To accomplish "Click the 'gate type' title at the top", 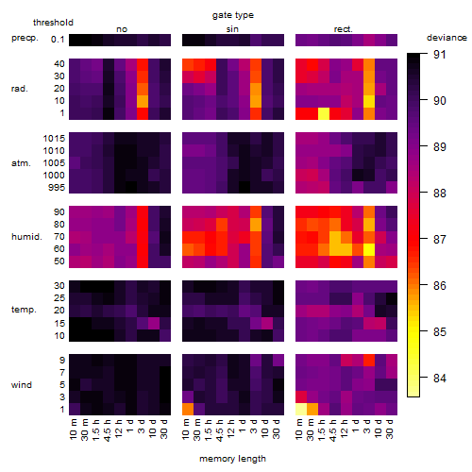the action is point(233,15).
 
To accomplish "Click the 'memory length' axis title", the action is point(232,459).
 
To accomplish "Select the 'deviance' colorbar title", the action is point(447,38).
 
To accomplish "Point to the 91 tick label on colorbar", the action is point(440,55).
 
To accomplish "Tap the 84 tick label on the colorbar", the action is point(440,378).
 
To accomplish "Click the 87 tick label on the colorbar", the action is point(440,240).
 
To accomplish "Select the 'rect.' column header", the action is point(343,29).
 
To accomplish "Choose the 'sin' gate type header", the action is point(232,29).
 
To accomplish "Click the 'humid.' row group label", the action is point(26,237).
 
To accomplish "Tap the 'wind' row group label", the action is point(22,385).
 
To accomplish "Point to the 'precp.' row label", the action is point(25,38).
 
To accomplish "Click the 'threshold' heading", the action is point(53,23).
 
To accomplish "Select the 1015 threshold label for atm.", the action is point(54,139).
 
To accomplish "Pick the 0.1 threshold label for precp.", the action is point(58,40).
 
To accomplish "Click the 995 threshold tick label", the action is point(57,188).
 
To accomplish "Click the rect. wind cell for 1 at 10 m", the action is point(301,410).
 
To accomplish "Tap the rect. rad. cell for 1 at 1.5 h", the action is point(324,114).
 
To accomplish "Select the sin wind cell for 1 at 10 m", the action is point(188,410).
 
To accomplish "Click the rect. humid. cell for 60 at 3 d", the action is point(369,249).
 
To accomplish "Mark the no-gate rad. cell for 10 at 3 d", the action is point(143,102).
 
